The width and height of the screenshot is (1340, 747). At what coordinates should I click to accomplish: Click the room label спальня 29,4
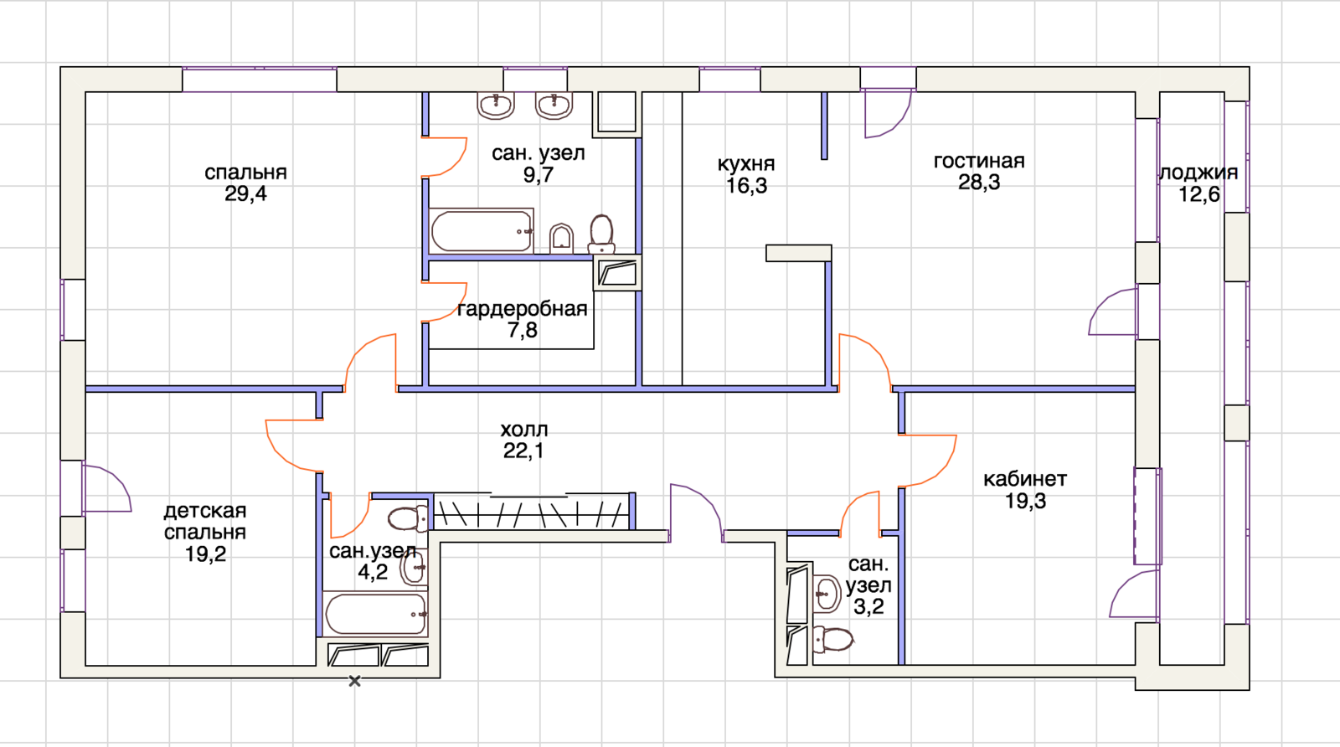coord(246,183)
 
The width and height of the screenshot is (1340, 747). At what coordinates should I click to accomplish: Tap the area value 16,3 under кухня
coord(746,186)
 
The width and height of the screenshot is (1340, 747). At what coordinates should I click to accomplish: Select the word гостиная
coord(979,161)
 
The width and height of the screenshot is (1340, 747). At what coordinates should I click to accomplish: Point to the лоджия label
coord(1198,173)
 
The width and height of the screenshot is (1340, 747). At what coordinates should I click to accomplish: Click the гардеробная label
coord(523,309)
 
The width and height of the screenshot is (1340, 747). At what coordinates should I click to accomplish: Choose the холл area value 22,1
coord(523,451)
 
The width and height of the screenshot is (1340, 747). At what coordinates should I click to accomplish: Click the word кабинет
coord(1025,479)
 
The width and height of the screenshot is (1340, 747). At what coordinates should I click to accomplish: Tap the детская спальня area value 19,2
coord(205,554)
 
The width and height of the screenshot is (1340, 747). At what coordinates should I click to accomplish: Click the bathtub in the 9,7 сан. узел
coord(482,231)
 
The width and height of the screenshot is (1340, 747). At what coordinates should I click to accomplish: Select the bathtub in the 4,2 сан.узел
coord(376,614)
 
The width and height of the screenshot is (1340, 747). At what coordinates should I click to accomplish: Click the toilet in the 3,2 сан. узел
coord(832,640)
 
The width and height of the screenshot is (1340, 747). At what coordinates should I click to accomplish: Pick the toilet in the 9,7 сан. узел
coord(601,234)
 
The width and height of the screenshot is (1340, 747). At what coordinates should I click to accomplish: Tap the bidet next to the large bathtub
coord(561,239)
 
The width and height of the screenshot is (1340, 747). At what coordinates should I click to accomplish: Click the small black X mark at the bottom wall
coord(355,681)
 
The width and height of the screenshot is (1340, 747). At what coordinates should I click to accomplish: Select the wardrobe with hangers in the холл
coord(532,512)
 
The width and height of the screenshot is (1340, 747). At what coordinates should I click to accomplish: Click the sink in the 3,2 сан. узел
coord(827,593)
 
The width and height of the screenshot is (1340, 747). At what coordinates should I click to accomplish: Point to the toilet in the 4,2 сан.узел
coord(408,519)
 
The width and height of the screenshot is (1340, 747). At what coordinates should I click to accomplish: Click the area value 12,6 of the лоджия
coord(1198,194)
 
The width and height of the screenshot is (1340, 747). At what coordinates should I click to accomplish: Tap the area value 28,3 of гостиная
coord(979,182)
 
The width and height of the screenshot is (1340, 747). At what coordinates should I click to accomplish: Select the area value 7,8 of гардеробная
coord(523,330)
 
